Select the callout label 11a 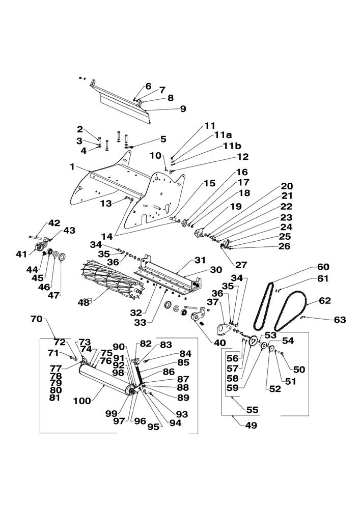223,135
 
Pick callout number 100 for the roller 81,401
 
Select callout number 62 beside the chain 324,301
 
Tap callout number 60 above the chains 323,267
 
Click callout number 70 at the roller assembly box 36,319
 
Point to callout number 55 252,409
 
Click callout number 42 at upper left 54,223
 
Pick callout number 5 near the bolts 163,138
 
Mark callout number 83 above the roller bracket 166,345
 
